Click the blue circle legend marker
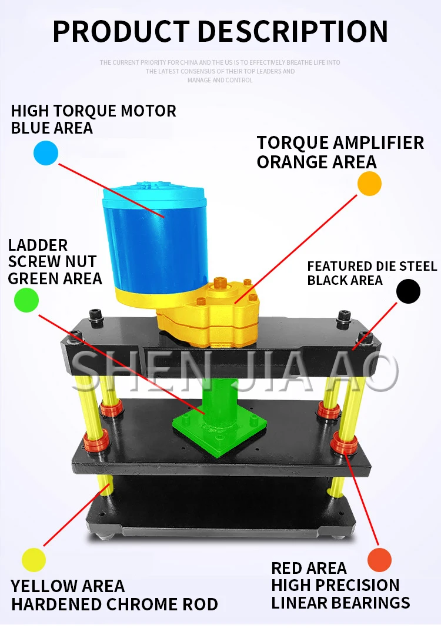(46, 153)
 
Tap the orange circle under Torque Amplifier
(369, 184)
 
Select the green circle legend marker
(26, 300)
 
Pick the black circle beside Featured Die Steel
(408, 291)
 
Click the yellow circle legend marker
(34, 559)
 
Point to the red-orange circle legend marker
(379, 560)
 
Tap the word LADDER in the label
(38, 245)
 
